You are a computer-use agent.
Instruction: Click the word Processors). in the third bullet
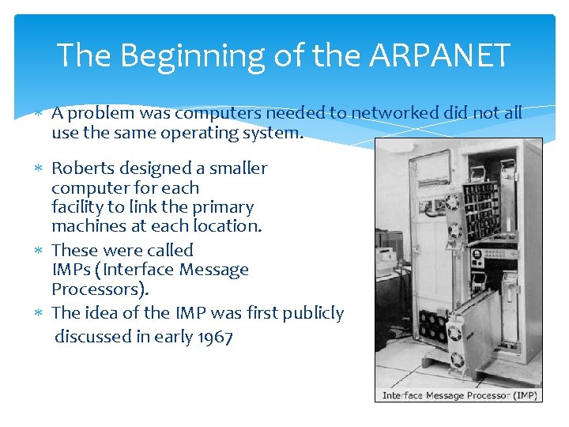[x=100, y=289]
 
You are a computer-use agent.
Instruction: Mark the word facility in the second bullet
[x=77, y=207]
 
